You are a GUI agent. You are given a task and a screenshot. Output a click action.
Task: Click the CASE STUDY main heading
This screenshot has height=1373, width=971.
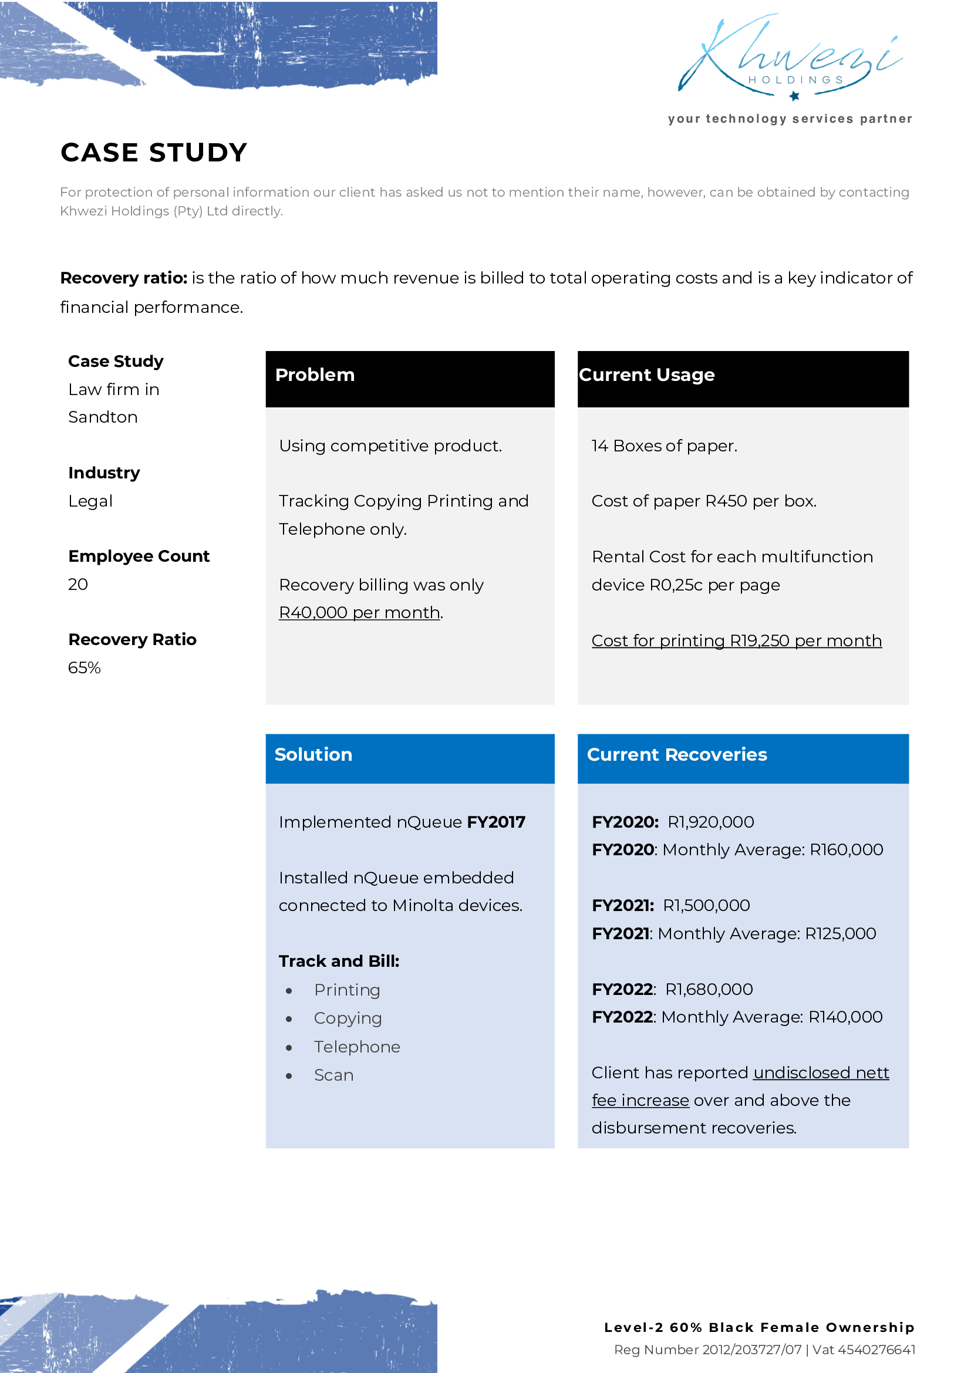tap(154, 153)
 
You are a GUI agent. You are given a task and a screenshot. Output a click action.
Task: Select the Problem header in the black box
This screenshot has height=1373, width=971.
tap(315, 375)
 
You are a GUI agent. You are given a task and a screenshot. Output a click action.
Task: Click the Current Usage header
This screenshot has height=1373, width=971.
tap(646, 375)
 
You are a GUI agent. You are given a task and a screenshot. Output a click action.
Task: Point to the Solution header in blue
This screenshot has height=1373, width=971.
tap(313, 755)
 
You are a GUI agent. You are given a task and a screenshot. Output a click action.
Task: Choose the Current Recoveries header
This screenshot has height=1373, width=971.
tap(676, 755)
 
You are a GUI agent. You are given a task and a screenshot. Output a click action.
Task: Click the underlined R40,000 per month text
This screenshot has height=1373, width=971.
tap(359, 613)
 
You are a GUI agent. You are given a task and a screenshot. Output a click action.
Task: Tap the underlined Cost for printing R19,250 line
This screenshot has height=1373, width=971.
tap(736, 641)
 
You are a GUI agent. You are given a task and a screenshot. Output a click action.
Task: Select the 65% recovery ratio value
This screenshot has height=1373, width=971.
tap(85, 668)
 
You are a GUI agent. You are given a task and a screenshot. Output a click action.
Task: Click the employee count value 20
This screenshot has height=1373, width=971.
tap(77, 584)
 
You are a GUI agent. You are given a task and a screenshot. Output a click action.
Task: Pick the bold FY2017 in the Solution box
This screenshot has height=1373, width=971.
tap(495, 822)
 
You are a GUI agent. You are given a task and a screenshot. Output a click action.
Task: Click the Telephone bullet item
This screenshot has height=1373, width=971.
tap(357, 1047)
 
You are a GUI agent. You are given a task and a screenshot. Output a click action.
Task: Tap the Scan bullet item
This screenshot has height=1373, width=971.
tap(333, 1075)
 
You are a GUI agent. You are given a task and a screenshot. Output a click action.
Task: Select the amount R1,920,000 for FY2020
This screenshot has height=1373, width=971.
tap(710, 822)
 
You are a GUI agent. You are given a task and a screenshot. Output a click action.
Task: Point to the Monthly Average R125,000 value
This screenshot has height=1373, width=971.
tap(840, 934)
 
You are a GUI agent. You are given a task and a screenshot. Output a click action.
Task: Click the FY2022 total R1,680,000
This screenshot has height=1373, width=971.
tap(709, 990)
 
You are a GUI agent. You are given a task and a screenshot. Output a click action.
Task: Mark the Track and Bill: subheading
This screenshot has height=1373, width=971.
tap(339, 962)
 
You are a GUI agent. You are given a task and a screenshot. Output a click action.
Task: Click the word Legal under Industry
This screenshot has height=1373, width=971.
tap(90, 501)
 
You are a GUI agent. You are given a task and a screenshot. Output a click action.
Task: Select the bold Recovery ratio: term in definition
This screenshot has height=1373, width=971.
tap(124, 278)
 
